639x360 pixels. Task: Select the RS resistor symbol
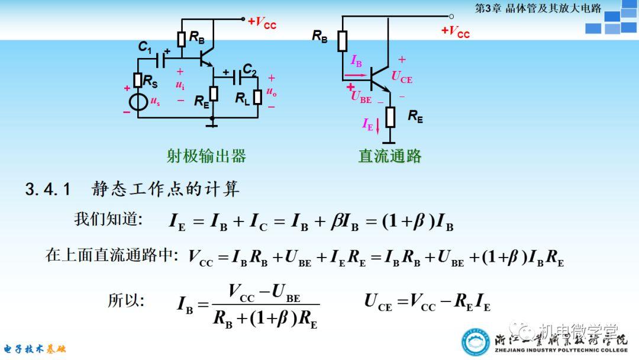[138, 81]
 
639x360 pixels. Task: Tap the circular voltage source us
[138, 101]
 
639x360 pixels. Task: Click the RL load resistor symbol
[258, 97]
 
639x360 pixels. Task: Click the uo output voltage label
[271, 92]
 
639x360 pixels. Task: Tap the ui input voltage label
[180, 85]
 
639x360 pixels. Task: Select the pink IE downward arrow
[377, 126]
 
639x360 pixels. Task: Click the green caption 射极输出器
[206, 156]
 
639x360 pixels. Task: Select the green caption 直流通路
[390, 156]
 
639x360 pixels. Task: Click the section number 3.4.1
[48, 189]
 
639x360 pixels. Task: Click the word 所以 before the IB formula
[125, 300]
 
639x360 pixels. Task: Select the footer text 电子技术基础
[35, 349]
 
